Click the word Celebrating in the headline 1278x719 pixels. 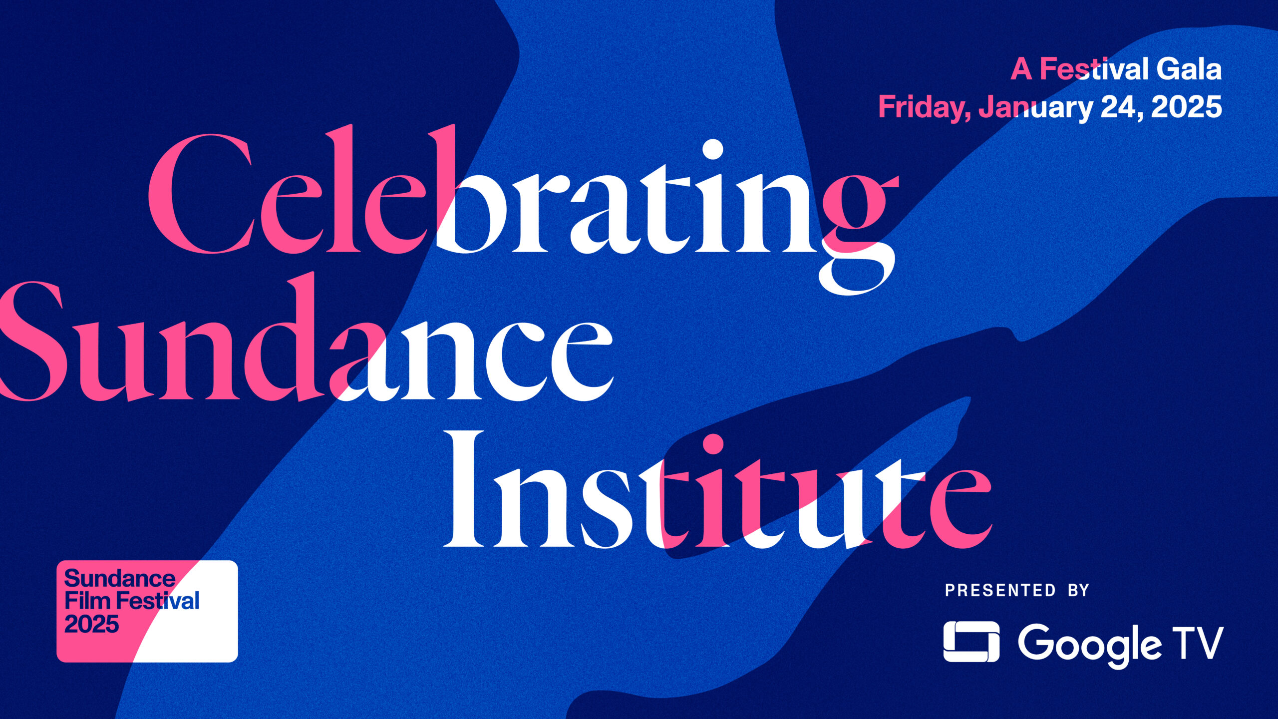click(x=522, y=210)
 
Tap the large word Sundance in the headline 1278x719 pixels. click(x=306, y=340)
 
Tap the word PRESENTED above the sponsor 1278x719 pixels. click(x=1000, y=590)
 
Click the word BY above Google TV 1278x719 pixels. click(x=1078, y=590)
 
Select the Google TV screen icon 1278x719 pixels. click(x=971, y=642)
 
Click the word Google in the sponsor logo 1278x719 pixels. click(x=1088, y=645)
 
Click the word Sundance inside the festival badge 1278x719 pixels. click(x=120, y=579)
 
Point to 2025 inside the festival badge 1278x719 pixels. click(x=92, y=624)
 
